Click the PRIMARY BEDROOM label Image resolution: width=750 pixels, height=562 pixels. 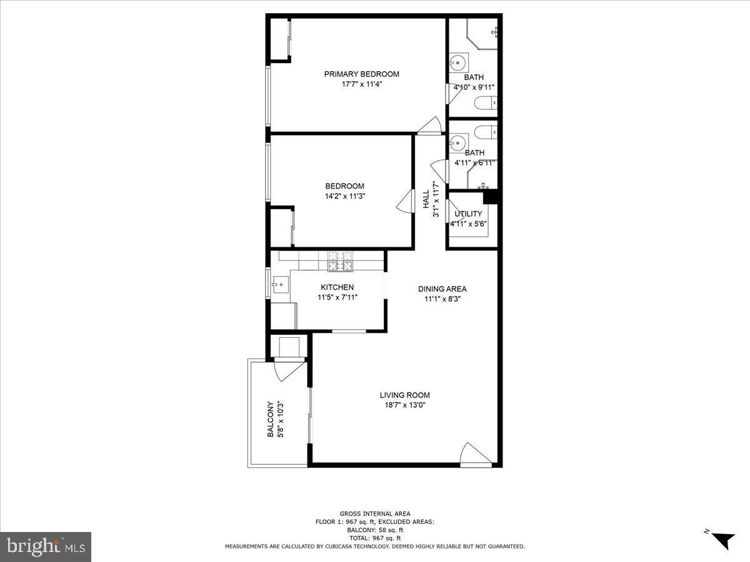tap(361, 74)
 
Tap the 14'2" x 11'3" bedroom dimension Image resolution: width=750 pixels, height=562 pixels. tap(344, 196)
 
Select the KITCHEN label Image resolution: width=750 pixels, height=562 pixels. tap(337, 287)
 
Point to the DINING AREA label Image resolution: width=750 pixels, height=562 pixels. tap(442, 289)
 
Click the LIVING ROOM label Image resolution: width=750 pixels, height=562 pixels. tap(404, 395)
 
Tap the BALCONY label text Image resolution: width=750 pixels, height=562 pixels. tap(271, 419)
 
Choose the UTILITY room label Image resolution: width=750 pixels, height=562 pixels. tap(468, 214)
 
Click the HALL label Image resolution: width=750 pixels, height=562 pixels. tap(426, 199)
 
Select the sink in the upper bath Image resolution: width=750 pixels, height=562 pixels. tap(458, 63)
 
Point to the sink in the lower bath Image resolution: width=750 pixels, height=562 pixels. tap(458, 142)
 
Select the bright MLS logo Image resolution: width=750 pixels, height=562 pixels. tap(46, 547)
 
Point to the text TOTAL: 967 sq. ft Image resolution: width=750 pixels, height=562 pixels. tap(375, 538)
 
